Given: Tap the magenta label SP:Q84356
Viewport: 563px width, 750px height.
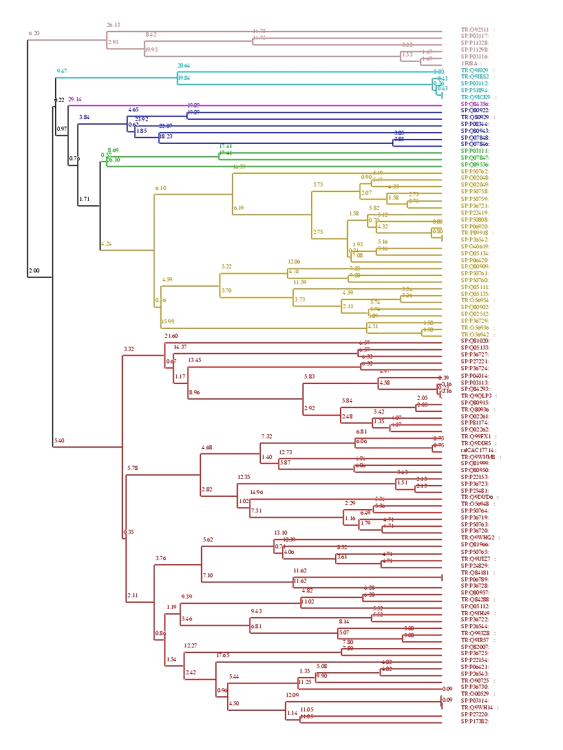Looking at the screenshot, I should tap(475, 104).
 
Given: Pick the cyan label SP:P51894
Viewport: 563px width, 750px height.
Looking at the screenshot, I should tap(475, 90).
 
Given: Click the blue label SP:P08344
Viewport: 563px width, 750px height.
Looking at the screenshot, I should tap(475, 124).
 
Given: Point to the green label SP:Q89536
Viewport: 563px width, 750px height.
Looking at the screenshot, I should tap(475, 164).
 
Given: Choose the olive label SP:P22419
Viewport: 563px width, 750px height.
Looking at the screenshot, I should tap(475, 212).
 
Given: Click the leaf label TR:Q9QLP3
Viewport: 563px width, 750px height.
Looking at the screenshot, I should tap(476, 396).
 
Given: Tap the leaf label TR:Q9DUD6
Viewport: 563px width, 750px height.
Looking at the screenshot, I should tap(476, 497).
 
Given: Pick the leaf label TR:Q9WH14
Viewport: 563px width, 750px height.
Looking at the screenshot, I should tap(476, 707).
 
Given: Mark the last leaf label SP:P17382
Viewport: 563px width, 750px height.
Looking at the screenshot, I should tap(475, 721).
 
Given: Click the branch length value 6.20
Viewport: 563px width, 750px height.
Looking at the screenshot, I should tap(34, 33).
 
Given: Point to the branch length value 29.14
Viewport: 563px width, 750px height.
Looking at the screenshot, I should tap(74, 100).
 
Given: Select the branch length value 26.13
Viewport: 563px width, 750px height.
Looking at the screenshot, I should tap(113, 25).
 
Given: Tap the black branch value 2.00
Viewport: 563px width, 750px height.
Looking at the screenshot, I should tap(34, 271).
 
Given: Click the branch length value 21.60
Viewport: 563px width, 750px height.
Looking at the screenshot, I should tap(171, 335).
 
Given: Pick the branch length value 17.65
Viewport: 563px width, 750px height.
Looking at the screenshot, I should tap(222, 655).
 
